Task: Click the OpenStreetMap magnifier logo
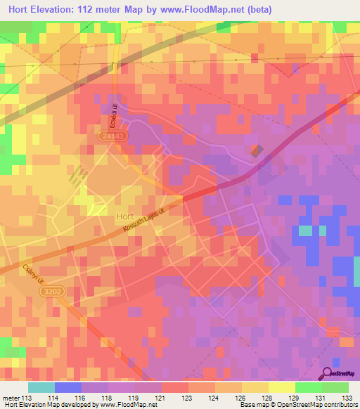(328, 374)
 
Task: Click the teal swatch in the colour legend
(41, 387)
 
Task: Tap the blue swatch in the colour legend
(68, 387)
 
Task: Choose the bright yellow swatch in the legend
(282, 387)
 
